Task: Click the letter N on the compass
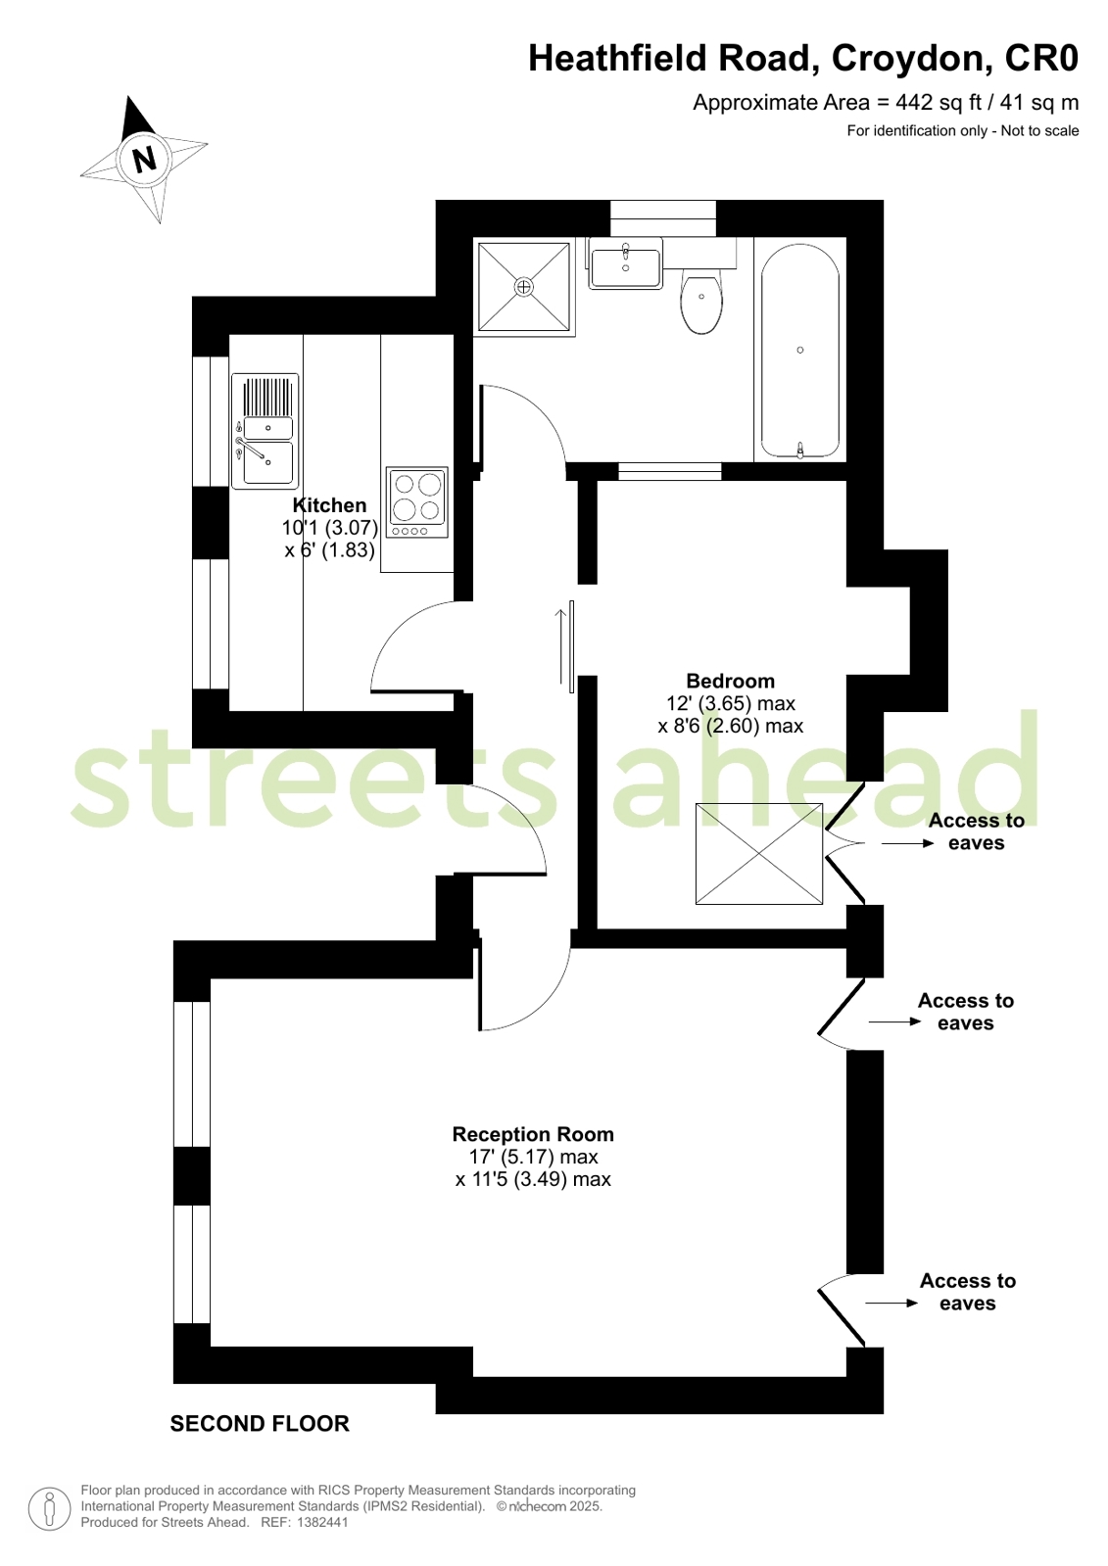145,158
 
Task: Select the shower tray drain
524,286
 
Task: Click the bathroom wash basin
626,265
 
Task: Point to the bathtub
800,351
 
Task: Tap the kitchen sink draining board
266,398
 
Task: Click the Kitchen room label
329,505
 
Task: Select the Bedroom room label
730,681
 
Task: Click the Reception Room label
533,1134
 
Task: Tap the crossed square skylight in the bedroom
759,854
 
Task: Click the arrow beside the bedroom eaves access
907,843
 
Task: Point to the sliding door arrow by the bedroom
561,646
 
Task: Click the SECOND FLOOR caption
260,1424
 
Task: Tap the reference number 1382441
322,1522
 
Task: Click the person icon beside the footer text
49,1508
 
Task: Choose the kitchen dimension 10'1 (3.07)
329,528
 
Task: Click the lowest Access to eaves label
967,1292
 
